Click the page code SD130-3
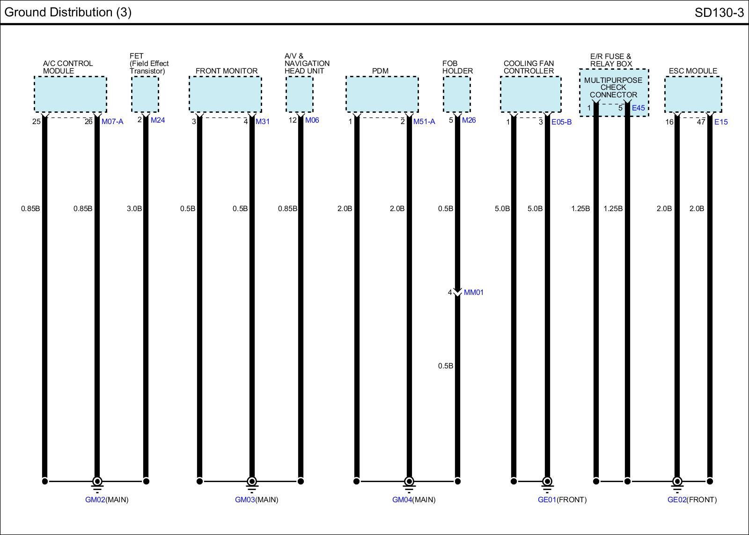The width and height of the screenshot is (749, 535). (x=719, y=12)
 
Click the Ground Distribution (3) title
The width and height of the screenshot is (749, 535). (x=68, y=12)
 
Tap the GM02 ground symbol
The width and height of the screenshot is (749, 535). (x=97, y=482)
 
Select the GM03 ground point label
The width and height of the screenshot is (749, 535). (x=245, y=499)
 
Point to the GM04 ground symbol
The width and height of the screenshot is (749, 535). (x=409, y=482)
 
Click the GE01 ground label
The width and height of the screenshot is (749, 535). (x=547, y=499)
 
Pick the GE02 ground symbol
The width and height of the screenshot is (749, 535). (x=677, y=482)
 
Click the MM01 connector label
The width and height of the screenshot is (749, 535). (x=473, y=293)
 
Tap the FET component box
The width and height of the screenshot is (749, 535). (x=145, y=95)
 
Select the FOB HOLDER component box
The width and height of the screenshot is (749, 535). (x=457, y=95)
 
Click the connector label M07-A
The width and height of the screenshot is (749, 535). (x=112, y=122)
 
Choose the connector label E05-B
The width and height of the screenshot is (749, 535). (x=561, y=122)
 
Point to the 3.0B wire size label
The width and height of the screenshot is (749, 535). (x=134, y=208)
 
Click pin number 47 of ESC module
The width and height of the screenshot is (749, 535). (x=701, y=122)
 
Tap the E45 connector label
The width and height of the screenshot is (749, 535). (x=638, y=108)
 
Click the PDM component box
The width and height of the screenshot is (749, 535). (x=382, y=95)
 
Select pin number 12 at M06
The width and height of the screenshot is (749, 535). (x=293, y=120)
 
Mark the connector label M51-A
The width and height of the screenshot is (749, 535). (x=424, y=122)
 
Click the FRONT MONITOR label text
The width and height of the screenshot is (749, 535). (x=227, y=71)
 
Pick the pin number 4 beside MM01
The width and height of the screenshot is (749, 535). (x=450, y=293)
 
